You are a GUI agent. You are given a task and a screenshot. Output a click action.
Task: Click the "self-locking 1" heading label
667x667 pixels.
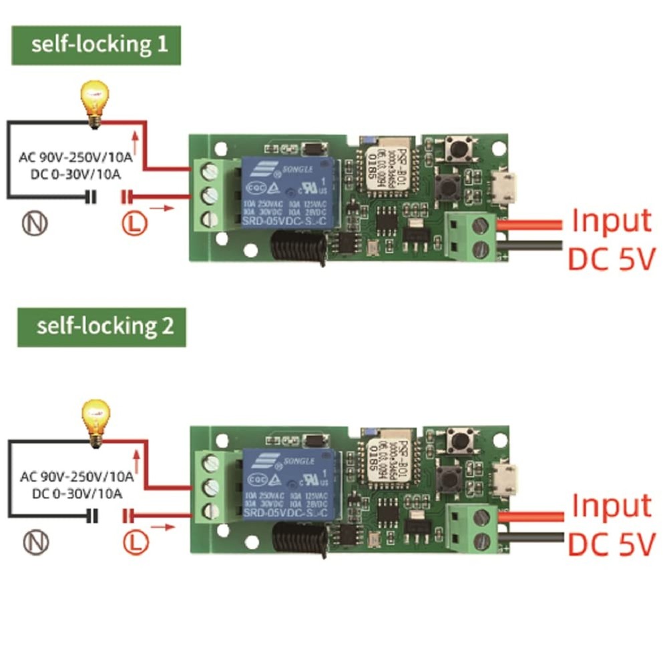[x=96, y=45]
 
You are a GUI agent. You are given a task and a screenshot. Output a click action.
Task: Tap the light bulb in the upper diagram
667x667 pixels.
[x=94, y=102]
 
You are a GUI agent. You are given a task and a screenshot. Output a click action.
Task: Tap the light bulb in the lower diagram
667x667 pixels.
[x=94, y=421]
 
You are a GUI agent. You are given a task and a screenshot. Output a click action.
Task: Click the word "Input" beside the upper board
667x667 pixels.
[x=612, y=220]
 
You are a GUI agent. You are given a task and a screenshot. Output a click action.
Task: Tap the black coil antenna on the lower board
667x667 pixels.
[x=298, y=536]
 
